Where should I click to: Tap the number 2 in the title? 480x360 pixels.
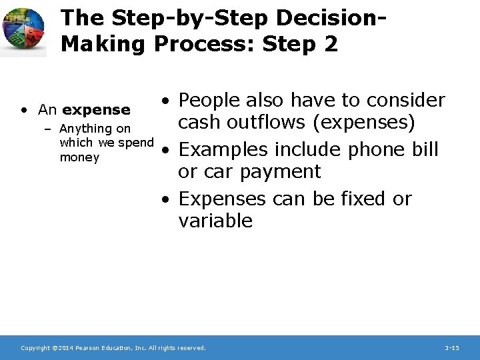pyautogui.click(x=329, y=44)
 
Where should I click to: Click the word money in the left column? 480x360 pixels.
pyautogui.click(x=79, y=157)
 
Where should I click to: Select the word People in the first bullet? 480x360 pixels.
pyautogui.click(x=212, y=100)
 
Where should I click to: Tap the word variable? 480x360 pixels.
pyautogui.click(x=215, y=221)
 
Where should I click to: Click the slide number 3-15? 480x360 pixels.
pyautogui.click(x=451, y=348)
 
